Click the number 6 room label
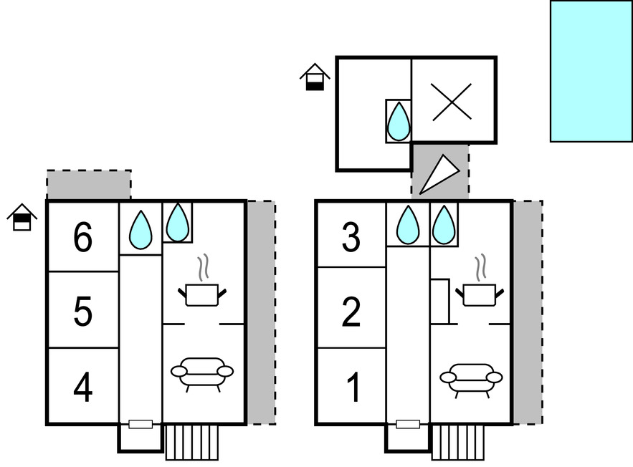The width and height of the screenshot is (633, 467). tap(83, 238)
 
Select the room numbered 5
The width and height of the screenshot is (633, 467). tap(83, 312)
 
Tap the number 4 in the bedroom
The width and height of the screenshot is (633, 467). tap(83, 388)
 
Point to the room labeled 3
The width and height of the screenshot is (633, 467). tap(351, 238)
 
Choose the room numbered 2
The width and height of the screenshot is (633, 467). tap(351, 312)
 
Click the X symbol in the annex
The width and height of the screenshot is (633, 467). tap(452, 101)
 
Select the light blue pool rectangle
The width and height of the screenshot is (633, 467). tap(591, 71)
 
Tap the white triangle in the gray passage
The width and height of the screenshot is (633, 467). tap(437, 175)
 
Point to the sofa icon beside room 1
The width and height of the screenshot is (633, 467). tap(471, 377)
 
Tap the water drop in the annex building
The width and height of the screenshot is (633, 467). tap(398, 122)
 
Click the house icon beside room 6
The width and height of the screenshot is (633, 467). tap(22, 218)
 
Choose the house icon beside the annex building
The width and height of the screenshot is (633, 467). tap(315, 77)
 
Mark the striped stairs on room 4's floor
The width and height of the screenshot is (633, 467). tap(192, 442)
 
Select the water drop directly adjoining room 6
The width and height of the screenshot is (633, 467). tap(141, 229)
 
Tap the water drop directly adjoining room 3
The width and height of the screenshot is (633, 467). tap(408, 223)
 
